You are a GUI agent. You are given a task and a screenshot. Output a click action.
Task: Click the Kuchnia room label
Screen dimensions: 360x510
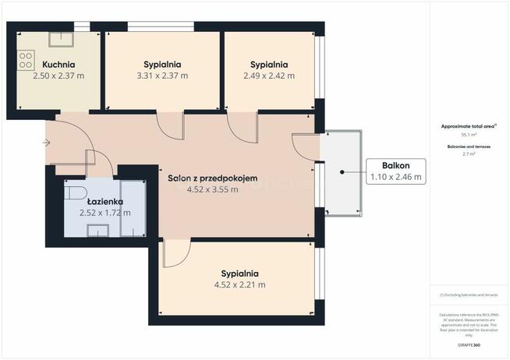[58, 64]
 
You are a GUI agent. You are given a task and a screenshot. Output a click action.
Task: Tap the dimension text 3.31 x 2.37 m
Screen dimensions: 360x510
[162, 76]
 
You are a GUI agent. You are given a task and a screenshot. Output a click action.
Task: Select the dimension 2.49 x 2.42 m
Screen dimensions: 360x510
[269, 76]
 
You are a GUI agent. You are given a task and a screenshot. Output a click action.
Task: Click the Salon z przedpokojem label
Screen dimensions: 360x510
[212, 178]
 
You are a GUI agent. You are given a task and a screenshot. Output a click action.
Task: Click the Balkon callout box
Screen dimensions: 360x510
[396, 171]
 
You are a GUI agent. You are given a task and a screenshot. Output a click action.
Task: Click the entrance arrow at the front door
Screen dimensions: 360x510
[47, 143]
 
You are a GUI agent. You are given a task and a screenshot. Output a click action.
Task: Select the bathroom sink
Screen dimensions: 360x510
[99, 228]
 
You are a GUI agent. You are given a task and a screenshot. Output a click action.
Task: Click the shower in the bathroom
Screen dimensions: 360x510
[133, 206]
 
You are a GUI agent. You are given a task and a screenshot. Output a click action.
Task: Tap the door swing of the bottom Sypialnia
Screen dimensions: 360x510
[176, 253]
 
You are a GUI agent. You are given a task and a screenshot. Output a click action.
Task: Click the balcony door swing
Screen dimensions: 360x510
[303, 146]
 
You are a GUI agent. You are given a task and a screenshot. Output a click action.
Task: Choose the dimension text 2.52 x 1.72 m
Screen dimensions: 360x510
[104, 212]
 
